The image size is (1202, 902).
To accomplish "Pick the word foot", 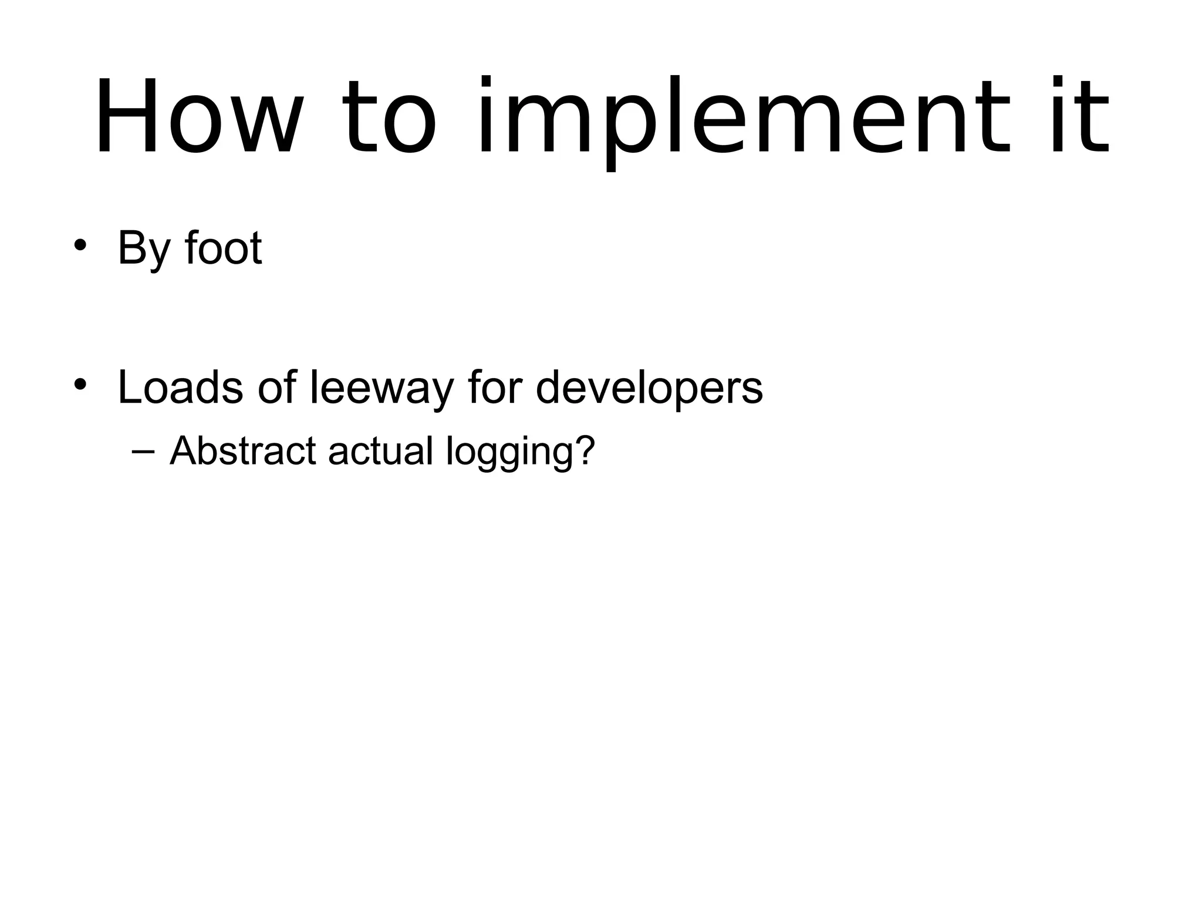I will (x=223, y=248).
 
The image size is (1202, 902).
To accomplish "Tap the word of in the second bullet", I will (x=277, y=388).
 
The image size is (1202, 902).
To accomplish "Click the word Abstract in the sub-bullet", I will (x=243, y=451).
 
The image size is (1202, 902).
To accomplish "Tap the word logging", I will (x=508, y=452).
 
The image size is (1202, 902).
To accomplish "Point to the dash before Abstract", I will (x=143, y=451).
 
